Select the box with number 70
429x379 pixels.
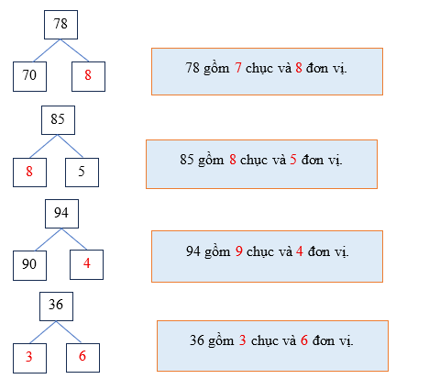coord(30,76)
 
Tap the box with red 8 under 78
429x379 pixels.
coord(88,76)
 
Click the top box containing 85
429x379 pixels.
coord(58,119)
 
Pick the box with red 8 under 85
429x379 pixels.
coord(29,170)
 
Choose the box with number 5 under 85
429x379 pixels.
coord(82,170)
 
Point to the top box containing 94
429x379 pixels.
coord(61,214)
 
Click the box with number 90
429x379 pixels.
coord(29,265)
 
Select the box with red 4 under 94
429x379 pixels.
coord(88,265)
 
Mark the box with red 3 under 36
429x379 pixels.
coord(30,357)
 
